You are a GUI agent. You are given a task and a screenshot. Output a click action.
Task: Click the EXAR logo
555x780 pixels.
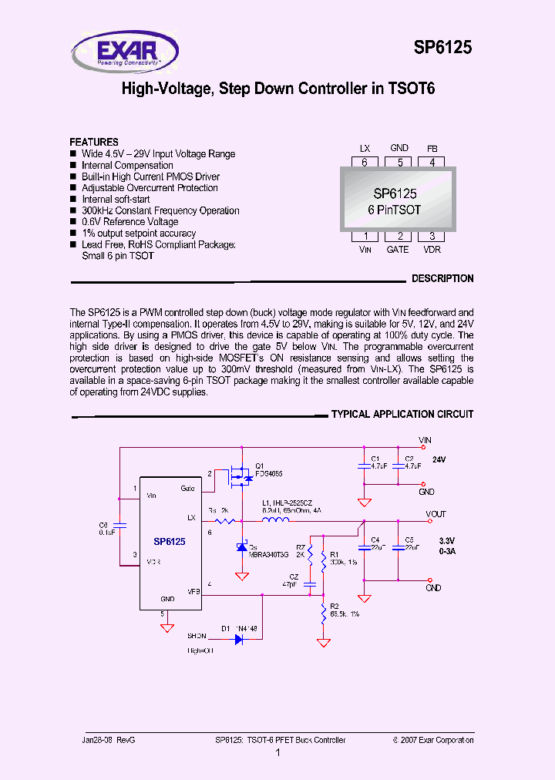click(x=125, y=52)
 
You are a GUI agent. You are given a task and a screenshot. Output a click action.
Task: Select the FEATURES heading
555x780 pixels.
click(x=94, y=143)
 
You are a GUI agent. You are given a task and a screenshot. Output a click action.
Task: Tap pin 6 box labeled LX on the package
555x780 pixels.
click(x=365, y=163)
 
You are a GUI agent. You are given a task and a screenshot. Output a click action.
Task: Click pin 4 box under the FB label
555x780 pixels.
click(x=432, y=163)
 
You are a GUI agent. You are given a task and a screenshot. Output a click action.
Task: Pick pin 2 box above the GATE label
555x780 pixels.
click(x=399, y=237)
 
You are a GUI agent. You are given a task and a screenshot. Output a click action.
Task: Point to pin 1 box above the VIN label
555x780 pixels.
click(x=365, y=237)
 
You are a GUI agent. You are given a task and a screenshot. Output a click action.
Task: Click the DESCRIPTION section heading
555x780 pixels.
click(x=442, y=279)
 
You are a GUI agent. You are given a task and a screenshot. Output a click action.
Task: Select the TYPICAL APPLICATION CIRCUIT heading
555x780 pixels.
click(x=402, y=415)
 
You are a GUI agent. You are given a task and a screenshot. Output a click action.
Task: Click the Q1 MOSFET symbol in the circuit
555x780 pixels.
click(x=242, y=479)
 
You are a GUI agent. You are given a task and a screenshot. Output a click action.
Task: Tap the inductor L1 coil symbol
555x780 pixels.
click(x=276, y=521)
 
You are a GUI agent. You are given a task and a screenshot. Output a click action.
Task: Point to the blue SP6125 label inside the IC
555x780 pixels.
click(x=169, y=542)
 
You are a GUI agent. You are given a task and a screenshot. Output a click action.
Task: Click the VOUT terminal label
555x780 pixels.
click(x=436, y=514)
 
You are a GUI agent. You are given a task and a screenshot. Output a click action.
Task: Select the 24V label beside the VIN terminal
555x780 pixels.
click(x=439, y=459)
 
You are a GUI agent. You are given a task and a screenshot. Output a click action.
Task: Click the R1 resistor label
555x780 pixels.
click(x=334, y=555)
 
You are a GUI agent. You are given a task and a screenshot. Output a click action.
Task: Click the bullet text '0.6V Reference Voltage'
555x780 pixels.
click(x=129, y=222)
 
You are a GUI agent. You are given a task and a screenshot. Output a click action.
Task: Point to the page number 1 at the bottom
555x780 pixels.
click(x=277, y=752)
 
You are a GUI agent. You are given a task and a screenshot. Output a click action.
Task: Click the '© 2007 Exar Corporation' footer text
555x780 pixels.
click(x=432, y=740)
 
